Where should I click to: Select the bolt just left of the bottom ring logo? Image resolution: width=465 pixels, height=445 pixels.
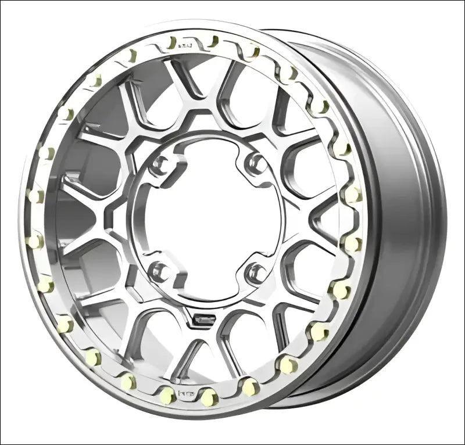167,395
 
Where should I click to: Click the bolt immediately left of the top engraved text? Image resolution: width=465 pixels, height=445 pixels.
170,43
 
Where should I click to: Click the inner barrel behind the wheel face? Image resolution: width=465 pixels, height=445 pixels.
395,221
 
